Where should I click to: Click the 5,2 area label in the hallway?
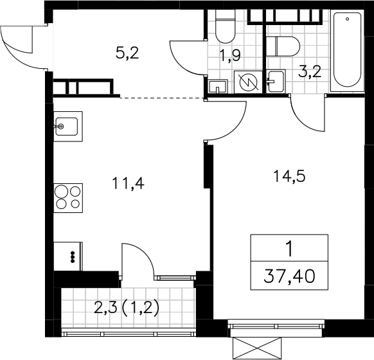127,53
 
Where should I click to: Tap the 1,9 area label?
230,55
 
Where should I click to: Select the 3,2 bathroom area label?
310,71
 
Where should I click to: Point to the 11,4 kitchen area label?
128,184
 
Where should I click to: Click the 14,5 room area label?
289,177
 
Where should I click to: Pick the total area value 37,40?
289,276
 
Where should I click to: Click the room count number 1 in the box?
290,249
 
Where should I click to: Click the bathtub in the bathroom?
347,51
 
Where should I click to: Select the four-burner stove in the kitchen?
68,198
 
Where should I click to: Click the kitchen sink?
68,127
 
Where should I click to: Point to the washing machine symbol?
248,82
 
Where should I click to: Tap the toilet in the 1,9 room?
225,26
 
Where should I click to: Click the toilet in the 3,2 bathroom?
283,46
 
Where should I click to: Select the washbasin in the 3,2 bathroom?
276,81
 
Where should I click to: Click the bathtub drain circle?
347,19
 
